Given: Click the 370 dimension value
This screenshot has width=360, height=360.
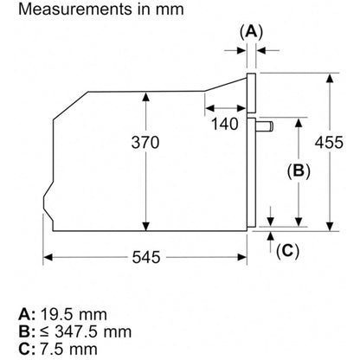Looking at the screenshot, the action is click(x=145, y=142).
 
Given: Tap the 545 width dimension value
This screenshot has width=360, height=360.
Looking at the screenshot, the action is click(x=146, y=257).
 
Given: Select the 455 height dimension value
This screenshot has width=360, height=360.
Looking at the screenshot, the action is click(x=329, y=142).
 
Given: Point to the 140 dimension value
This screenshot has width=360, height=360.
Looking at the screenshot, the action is click(x=225, y=124).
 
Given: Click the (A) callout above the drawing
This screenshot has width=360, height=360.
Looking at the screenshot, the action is click(x=252, y=32).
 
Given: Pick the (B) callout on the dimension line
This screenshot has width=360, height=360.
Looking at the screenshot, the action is click(x=299, y=170).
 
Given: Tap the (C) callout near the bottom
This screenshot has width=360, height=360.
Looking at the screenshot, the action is click(x=287, y=251).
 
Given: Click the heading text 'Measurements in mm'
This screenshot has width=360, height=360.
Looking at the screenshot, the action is click(x=101, y=10).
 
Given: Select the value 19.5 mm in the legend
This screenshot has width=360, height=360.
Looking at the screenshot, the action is click(x=74, y=314).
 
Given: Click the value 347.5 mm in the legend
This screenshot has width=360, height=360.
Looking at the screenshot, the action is click(x=93, y=331).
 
